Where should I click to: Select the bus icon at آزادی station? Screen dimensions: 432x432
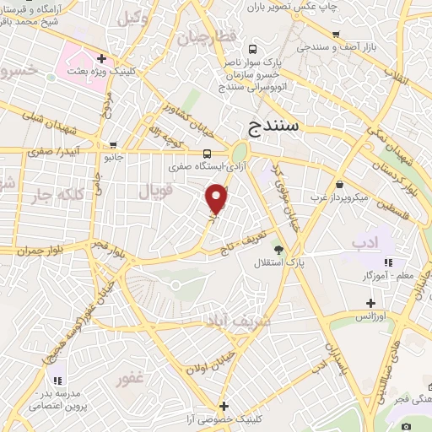click(x=208, y=153)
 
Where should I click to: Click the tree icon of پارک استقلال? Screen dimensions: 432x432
click(x=278, y=249)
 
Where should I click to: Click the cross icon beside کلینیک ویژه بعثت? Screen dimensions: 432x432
click(x=101, y=59)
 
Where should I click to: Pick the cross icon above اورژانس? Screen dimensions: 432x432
click(x=370, y=302)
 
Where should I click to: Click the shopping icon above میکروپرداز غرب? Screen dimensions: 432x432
click(x=338, y=183)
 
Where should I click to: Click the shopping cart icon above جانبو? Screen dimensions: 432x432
click(x=113, y=145)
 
